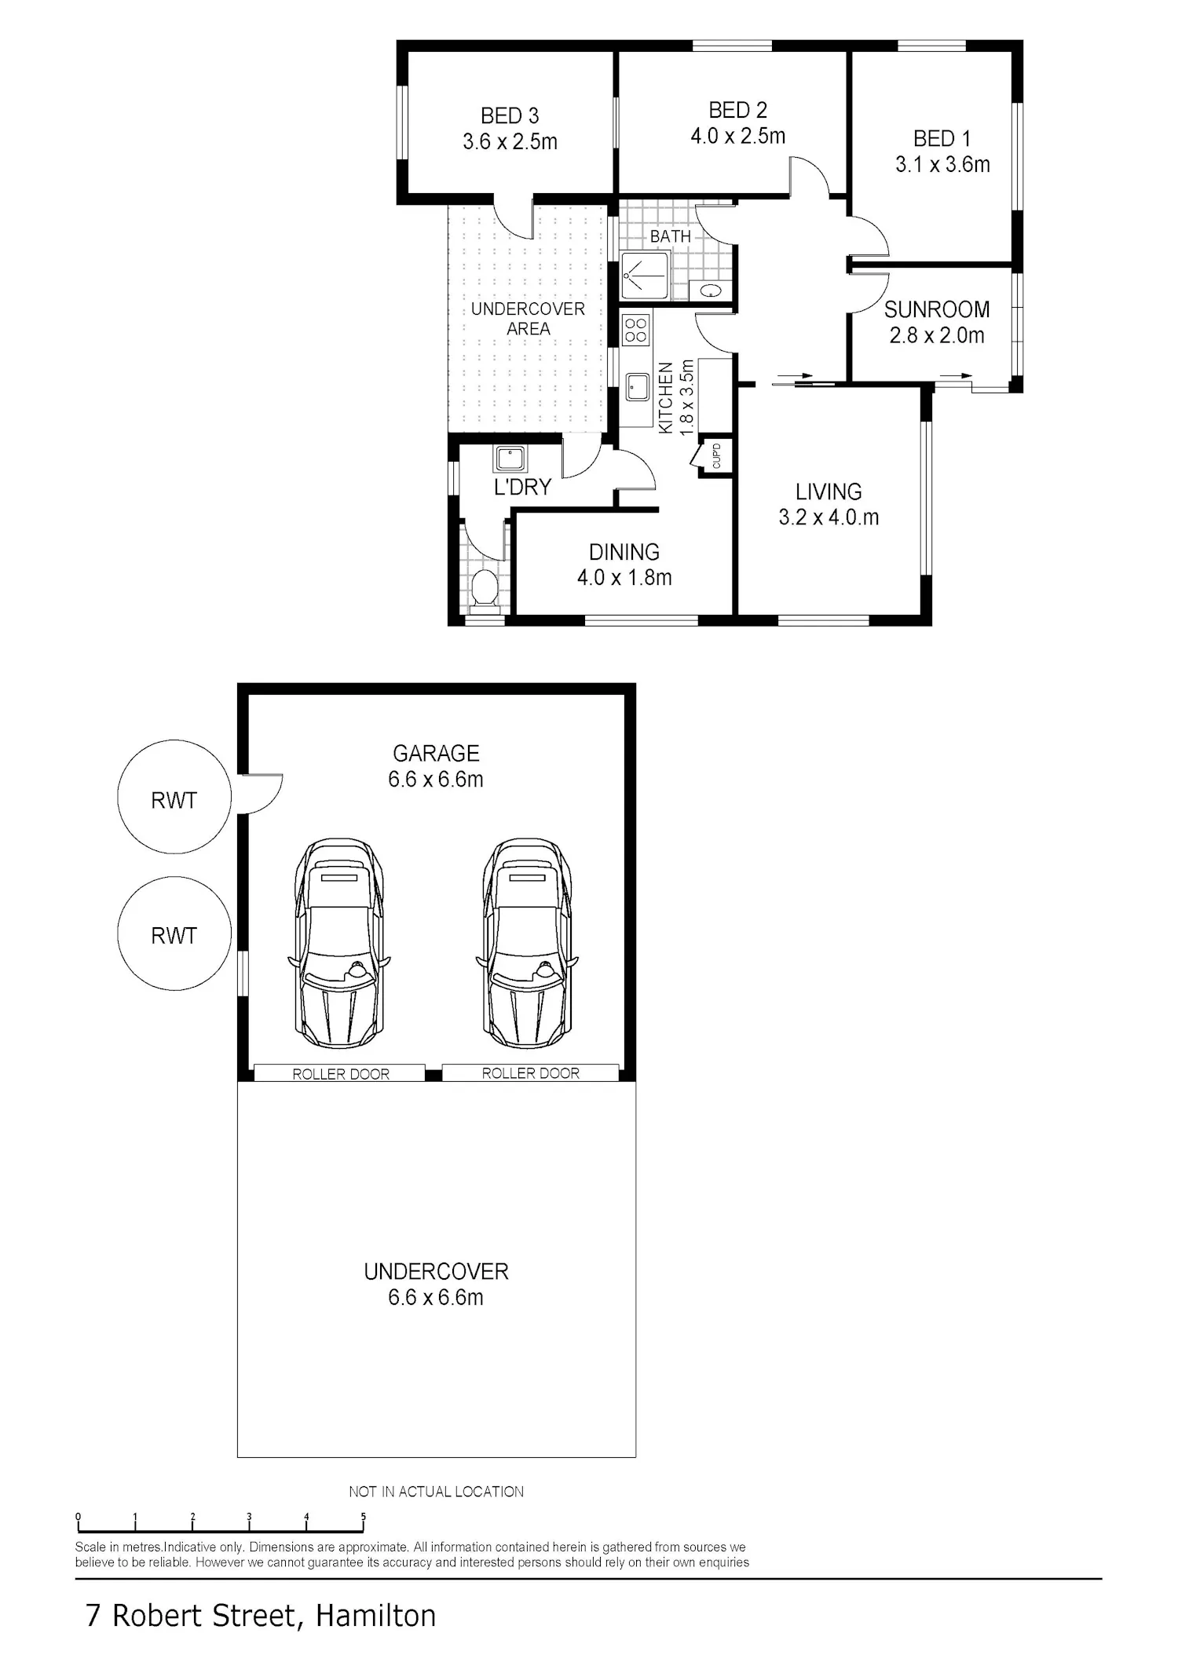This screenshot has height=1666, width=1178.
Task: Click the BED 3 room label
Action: [x=510, y=116]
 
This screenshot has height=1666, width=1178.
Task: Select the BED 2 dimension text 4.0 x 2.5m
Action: [x=737, y=137]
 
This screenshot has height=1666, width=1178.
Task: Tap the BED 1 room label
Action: [x=942, y=139]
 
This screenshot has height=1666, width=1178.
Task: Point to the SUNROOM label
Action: [x=936, y=309]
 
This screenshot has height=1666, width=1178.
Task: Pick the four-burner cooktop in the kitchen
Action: [x=635, y=329]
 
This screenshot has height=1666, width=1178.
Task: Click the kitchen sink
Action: [x=637, y=387]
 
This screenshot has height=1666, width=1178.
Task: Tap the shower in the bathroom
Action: [x=644, y=275]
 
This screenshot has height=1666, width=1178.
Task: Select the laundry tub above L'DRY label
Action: [x=510, y=459]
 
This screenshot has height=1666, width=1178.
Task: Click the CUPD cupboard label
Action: [x=716, y=456]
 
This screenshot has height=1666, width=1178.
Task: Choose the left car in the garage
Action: [x=339, y=943]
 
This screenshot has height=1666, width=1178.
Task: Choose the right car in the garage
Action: [x=526, y=943]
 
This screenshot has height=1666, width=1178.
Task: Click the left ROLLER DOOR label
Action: [x=341, y=1074]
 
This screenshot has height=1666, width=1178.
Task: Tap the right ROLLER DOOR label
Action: [x=530, y=1073]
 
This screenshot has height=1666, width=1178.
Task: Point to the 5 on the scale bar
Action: [x=363, y=1516]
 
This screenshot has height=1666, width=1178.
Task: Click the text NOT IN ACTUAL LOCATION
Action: [x=436, y=1492]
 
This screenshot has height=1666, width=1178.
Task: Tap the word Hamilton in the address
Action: [x=375, y=1616]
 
